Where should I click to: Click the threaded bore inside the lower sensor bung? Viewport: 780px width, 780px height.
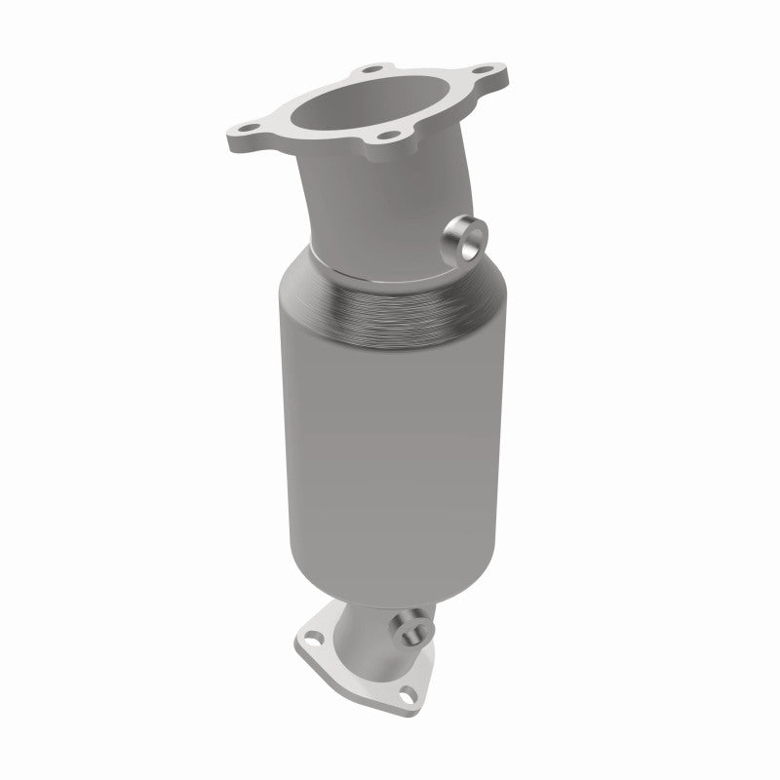pos(413,623)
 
